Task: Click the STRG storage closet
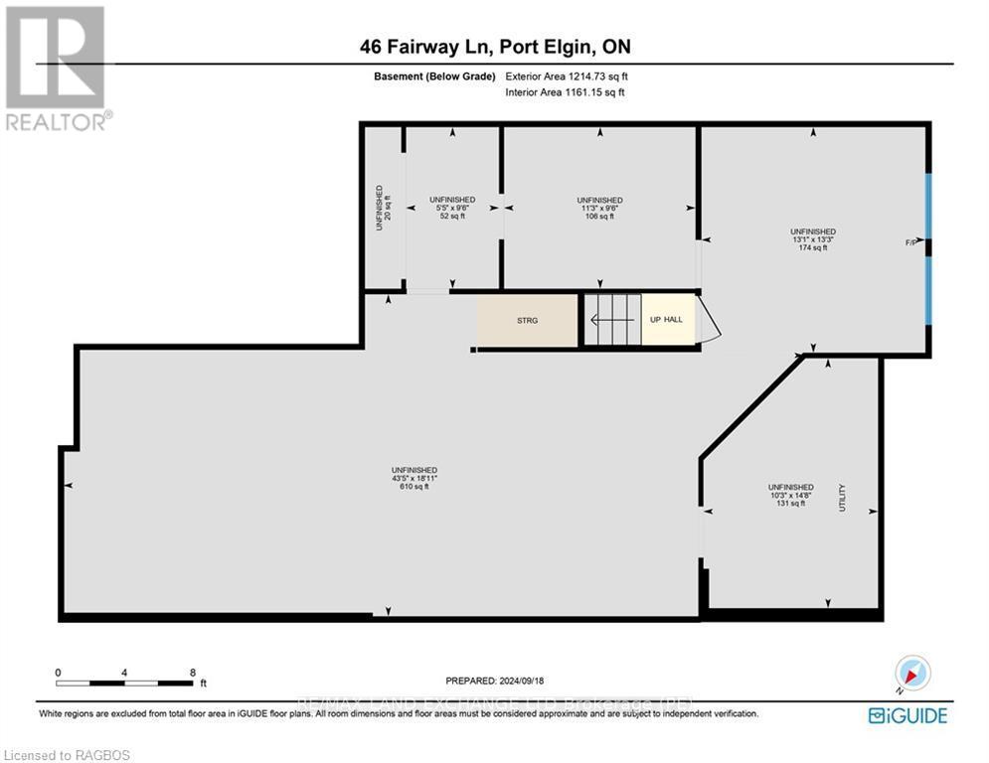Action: (x=527, y=321)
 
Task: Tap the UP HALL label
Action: (x=667, y=320)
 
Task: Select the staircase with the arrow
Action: (x=610, y=320)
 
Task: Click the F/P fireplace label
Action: (x=910, y=241)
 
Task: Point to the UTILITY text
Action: (x=842, y=497)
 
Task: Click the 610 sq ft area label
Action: (x=414, y=487)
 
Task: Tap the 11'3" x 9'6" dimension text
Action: (x=599, y=208)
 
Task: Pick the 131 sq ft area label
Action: (x=790, y=504)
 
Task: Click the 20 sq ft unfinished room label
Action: (x=384, y=208)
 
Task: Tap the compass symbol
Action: (x=911, y=674)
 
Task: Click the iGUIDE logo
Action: (x=907, y=715)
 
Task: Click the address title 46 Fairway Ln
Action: (x=494, y=46)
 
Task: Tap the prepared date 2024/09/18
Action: (x=497, y=681)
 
